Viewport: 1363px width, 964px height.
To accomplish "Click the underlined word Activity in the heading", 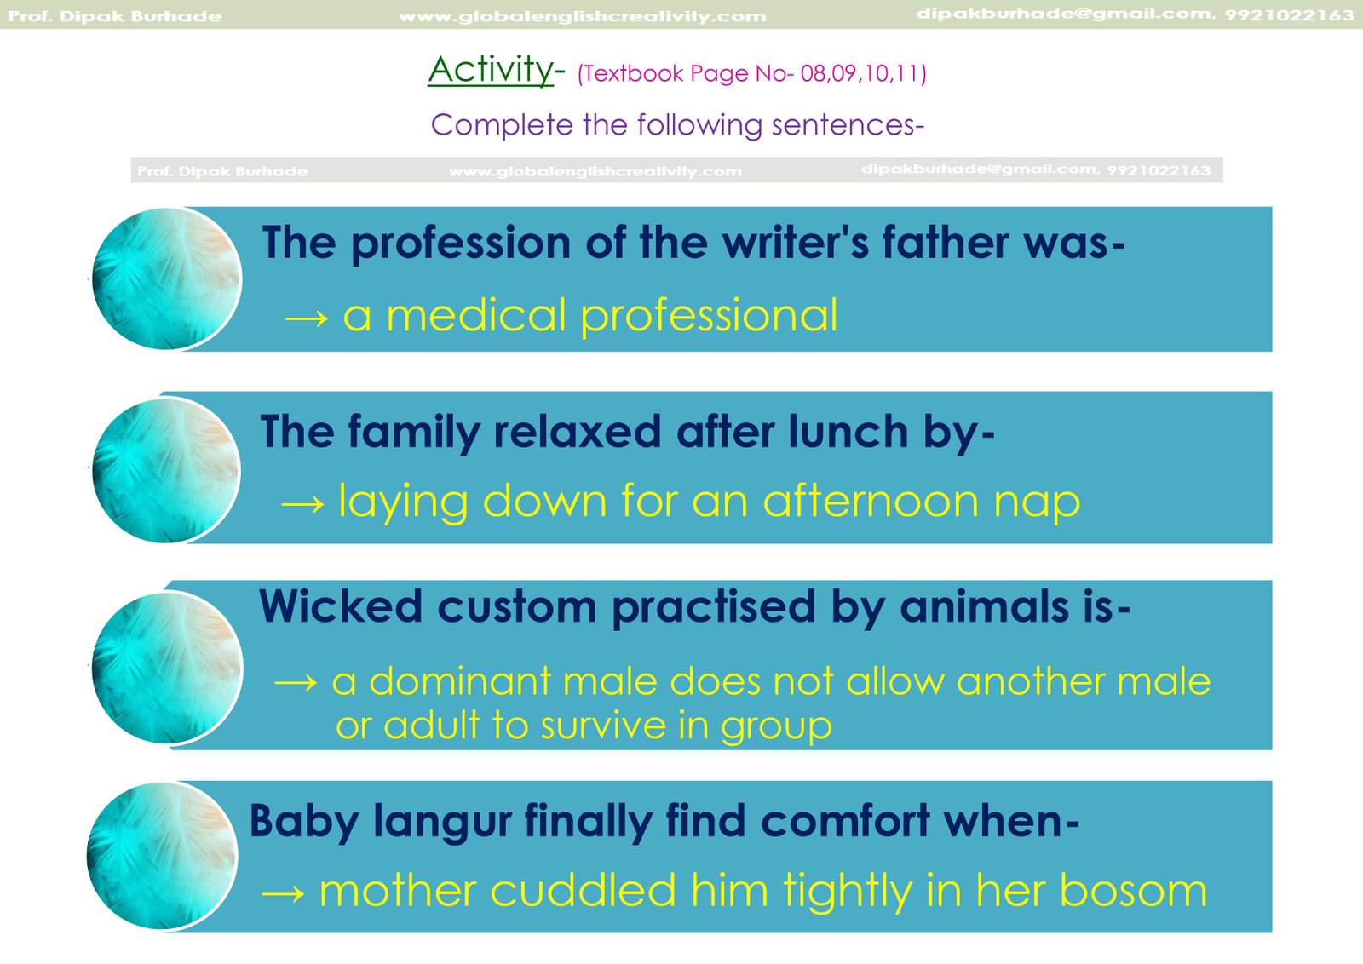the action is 491,70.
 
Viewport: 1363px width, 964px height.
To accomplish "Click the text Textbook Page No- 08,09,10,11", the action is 751,73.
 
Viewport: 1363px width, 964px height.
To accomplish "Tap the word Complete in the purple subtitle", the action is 502,125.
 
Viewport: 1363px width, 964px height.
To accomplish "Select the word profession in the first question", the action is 461,244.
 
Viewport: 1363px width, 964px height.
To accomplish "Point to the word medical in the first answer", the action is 476,315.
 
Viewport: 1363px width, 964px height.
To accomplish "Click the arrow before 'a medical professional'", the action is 307,318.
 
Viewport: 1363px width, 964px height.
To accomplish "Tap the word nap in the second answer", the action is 1037,503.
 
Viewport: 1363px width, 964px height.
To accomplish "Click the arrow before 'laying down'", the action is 302,504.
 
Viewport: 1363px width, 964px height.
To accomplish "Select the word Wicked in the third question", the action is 341,606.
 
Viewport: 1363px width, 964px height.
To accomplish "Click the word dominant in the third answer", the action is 460,681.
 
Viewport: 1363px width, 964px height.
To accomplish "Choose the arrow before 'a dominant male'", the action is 296,683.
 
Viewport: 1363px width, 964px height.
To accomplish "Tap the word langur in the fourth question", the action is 442,823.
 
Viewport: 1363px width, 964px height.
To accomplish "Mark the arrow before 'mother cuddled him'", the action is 283,893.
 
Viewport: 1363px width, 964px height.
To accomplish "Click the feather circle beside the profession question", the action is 167,279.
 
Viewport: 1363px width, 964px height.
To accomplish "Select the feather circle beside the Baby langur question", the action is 162,857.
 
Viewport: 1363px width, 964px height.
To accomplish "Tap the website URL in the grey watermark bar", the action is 595,172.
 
